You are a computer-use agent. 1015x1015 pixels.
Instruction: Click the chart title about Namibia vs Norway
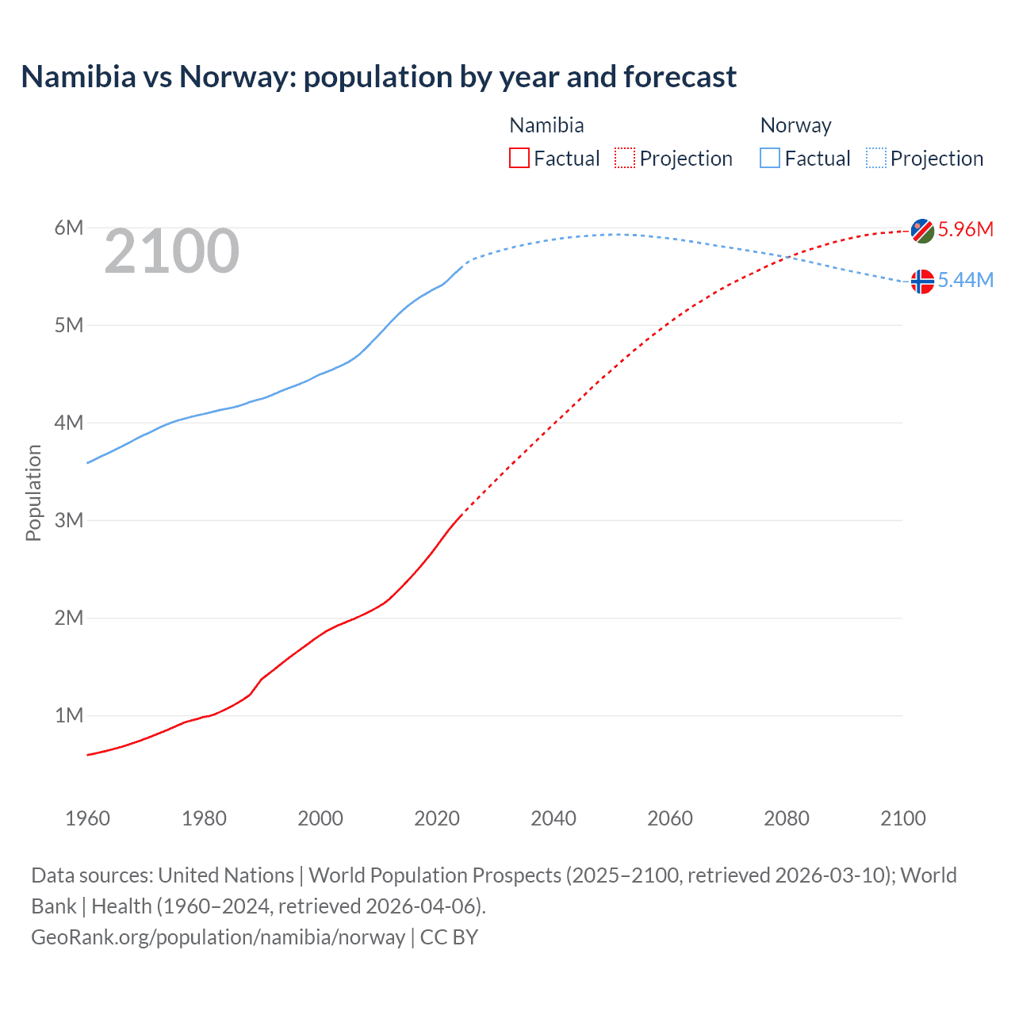378,77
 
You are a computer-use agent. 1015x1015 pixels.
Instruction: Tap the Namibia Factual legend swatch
519,158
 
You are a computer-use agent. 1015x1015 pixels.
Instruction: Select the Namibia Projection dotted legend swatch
625,158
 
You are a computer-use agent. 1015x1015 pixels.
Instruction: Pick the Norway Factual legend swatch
770,158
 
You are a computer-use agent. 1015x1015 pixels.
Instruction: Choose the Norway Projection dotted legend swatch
876,158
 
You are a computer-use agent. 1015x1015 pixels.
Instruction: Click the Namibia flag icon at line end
922,231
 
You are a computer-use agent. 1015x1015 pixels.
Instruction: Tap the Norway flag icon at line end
922,282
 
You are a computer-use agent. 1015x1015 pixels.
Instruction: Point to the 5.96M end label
965,229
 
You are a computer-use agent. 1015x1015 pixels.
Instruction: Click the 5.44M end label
965,280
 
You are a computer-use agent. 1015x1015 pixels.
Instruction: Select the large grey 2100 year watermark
171,251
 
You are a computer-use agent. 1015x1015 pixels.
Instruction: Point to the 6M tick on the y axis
69,228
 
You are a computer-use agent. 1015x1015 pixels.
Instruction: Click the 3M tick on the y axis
69,520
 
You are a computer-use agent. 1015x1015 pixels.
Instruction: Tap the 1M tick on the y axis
69,715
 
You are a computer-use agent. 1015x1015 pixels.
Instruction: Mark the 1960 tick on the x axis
87,818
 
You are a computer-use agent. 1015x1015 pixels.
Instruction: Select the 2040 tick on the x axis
553,818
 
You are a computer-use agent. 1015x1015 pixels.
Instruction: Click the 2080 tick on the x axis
787,818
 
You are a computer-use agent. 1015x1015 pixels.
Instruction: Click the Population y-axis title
33,492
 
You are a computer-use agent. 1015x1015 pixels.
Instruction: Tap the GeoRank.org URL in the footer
218,937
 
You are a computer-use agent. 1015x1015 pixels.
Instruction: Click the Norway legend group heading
795,125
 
